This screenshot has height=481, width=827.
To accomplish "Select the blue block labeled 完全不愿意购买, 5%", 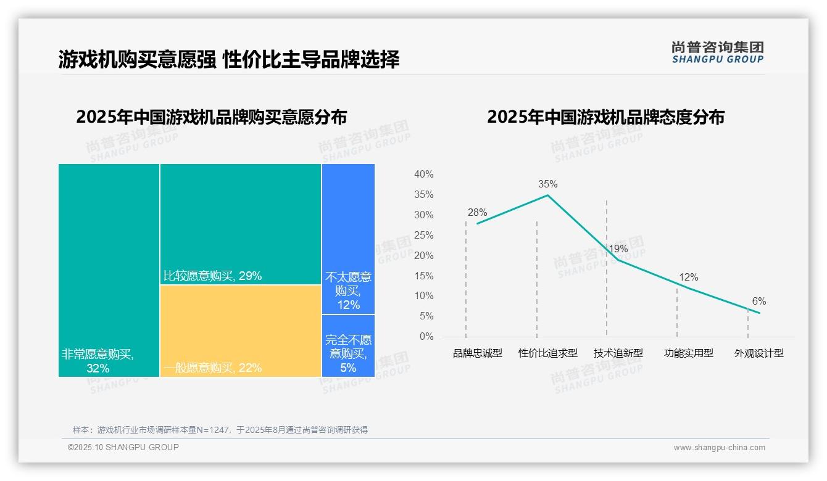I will pyautogui.click(x=348, y=346).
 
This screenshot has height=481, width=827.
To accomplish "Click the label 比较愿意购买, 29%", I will pyautogui.click(x=212, y=276).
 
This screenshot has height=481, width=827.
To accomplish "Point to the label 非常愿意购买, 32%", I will pyautogui.click(x=98, y=361).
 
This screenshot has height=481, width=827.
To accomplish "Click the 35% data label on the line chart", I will pyautogui.click(x=547, y=184).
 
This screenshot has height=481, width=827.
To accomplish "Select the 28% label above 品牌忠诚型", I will pyautogui.click(x=477, y=213).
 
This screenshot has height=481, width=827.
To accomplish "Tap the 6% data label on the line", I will pyautogui.click(x=758, y=302).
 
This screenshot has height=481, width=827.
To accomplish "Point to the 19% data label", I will pyautogui.click(x=618, y=249).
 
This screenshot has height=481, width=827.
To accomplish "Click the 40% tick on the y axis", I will pyautogui.click(x=423, y=175).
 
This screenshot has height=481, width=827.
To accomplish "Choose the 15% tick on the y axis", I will pyautogui.click(x=423, y=276).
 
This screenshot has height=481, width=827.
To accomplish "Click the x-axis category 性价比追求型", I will pyautogui.click(x=548, y=353).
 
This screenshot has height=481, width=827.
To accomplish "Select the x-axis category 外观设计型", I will pyautogui.click(x=758, y=353).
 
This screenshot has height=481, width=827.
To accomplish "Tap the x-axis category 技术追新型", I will pyautogui.click(x=618, y=353).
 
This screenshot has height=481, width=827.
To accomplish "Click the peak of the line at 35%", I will pyautogui.click(x=547, y=195).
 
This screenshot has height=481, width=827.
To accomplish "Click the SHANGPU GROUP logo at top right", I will pyautogui.click(x=717, y=52).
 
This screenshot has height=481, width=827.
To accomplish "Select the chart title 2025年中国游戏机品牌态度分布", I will pyautogui.click(x=605, y=117).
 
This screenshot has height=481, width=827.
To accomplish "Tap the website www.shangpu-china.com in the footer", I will pyautogui.click(x=719, y=448).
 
